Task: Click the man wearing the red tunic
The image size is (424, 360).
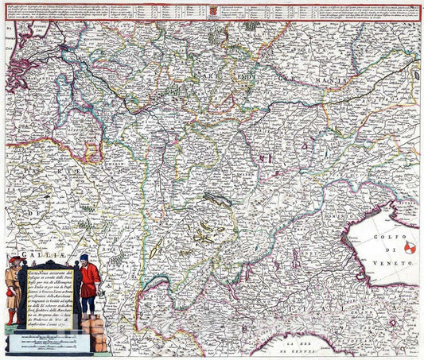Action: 88,279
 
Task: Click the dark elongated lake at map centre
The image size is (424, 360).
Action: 217,199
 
